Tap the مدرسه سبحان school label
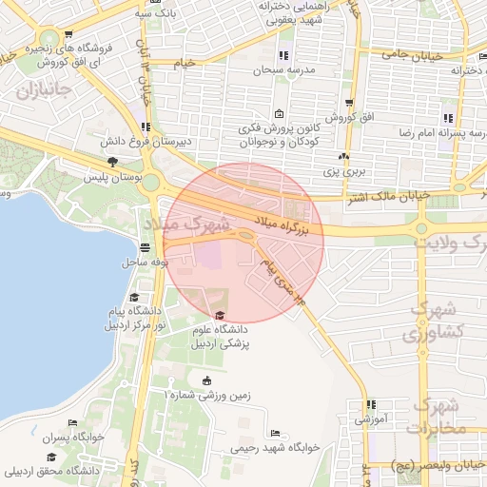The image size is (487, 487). (x=282, y=71)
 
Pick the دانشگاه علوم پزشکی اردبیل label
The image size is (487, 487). (x=220, y=337)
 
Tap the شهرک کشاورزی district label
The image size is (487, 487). (x=434, y=321)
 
